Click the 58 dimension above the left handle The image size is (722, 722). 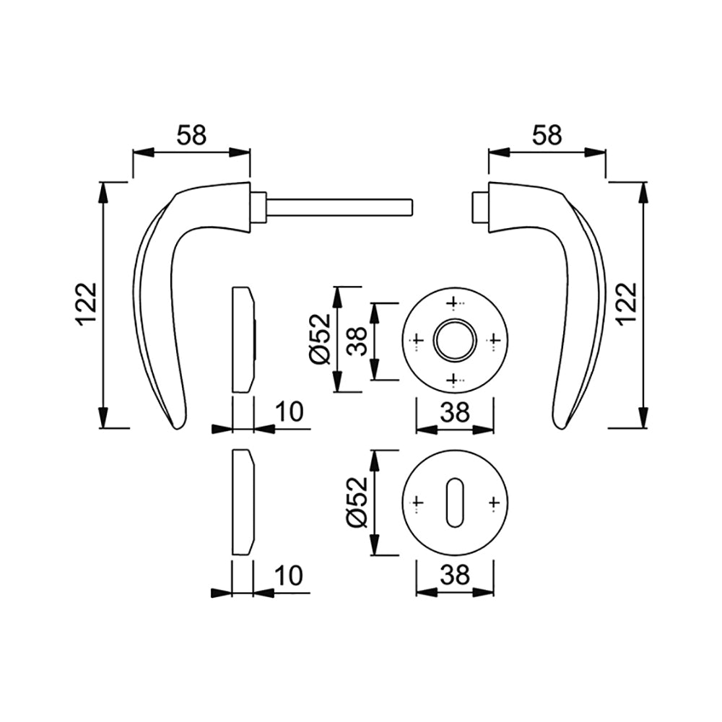click(192, 135)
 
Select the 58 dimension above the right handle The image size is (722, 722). click(547, 135)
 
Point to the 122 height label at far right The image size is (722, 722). click(627, 305)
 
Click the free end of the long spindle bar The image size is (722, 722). click(412, 206)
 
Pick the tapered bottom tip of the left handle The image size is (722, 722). click(178, 427)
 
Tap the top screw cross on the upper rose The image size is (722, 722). click(453, 303)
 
